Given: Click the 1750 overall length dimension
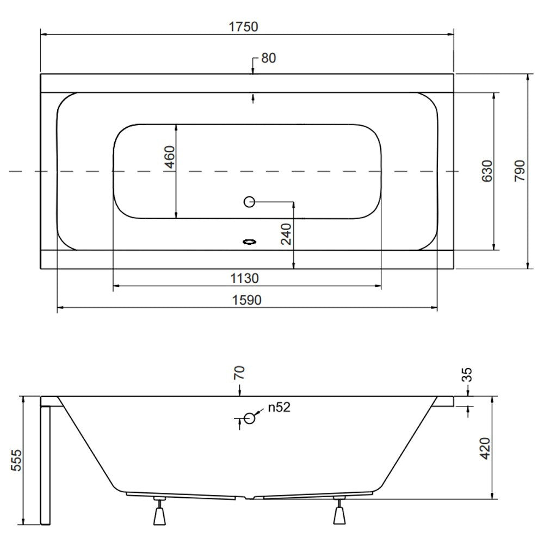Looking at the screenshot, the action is pos(244,27).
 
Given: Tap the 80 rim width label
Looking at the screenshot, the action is pos(269,58).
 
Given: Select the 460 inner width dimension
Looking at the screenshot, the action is pos(170,157).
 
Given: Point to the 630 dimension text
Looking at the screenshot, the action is pos(487,171).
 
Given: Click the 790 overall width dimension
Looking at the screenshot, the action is pos(520,171).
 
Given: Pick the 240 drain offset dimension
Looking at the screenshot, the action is pos(286,234).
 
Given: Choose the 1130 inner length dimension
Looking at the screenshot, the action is pos(245,278).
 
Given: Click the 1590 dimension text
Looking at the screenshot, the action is pos(246,300).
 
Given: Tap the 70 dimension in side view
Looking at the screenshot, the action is pos(239,373).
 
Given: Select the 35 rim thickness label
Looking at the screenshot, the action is pos(467,375).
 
